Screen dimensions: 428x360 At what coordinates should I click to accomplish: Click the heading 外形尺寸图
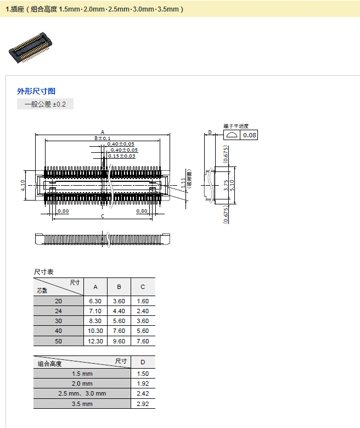tap(36, 91)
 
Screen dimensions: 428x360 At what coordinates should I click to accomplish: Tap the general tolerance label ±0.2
tap(45, 104)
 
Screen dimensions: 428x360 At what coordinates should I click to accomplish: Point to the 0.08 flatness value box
tap(249, 135)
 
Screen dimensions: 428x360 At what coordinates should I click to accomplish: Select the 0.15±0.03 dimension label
tap(121, 156)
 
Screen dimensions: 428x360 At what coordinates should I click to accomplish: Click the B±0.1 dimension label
tap(103, 138)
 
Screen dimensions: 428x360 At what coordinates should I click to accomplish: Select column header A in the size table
tap(95, 287)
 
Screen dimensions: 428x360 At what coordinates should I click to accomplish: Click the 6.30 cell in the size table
tap(95, 301)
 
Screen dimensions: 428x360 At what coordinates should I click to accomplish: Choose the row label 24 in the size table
tap(59, 311)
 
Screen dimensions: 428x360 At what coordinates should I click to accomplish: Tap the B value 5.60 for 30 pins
tap(119, 321)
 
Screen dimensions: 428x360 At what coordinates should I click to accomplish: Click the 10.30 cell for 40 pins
tap(95, 331)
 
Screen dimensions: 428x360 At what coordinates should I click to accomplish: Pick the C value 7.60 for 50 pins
tap(143, 341)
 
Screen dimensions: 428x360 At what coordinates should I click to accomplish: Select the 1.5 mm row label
tap(82, 374)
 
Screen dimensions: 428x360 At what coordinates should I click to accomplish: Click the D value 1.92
tap(143, 383)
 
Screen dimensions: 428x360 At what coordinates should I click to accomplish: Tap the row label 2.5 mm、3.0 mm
tap(82, 393)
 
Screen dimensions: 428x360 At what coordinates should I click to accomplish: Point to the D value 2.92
tap(143, 404)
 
